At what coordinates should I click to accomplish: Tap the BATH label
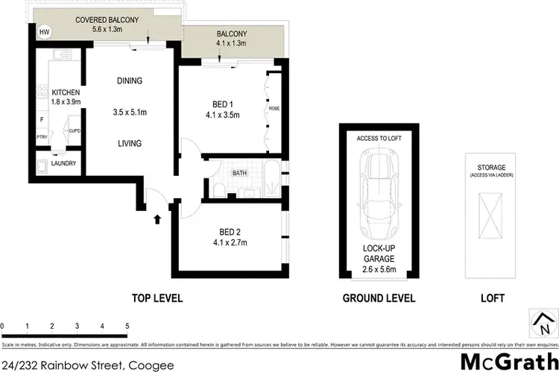pyautogui.click(x=239, y=173)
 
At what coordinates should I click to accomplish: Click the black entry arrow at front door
pyautogui.click(x=157, y=219)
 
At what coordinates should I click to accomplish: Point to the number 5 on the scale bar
pyautogui.click(x=127, y=327)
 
